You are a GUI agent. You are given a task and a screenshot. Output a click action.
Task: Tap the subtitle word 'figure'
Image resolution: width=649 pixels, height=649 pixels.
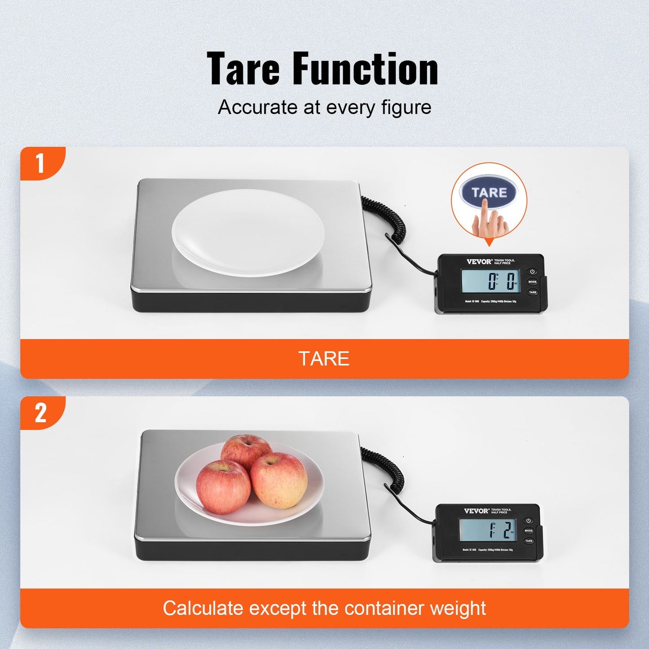[x=406, y=108]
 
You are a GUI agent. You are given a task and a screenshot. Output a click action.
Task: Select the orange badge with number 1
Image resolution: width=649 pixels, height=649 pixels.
[x=41, y=163]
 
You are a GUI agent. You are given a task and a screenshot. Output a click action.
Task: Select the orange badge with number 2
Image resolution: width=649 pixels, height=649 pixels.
[x=41, y=412]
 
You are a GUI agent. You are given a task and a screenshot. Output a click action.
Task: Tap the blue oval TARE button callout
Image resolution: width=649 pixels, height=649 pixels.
[x=489, y=193]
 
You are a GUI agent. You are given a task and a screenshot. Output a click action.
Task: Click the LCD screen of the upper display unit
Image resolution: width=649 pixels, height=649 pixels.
[x=491, y=282]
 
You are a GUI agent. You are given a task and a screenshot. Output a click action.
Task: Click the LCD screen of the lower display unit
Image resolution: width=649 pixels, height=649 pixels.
[x=487, y=530]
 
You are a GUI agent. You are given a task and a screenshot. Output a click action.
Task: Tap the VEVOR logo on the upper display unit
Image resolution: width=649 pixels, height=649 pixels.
[x=479, y=261]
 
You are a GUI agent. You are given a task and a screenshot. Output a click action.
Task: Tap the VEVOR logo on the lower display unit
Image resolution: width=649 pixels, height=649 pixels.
[x=477, y=511]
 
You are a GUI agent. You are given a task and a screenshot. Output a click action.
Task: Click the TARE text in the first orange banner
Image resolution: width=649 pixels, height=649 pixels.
[x=324, y=359]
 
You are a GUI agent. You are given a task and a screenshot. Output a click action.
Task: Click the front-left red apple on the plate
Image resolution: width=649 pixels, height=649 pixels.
[x=223, y=487]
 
